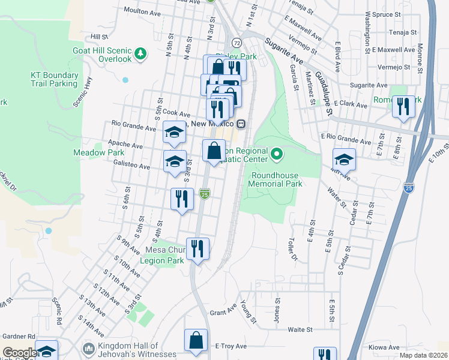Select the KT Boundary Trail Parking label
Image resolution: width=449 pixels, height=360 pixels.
54,79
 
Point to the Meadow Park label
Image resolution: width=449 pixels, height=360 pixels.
98,153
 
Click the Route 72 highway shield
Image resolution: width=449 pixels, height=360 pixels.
237,43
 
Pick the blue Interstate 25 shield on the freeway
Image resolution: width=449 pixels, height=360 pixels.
409,187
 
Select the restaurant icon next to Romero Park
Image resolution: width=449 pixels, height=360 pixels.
402,106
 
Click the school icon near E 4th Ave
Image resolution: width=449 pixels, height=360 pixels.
344,159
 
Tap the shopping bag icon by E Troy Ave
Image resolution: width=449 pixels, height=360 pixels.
196,340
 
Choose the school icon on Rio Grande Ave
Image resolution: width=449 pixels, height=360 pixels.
174,133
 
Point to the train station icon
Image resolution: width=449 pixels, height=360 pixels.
241,124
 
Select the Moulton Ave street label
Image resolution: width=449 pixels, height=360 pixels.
143,10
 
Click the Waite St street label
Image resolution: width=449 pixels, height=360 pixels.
300,329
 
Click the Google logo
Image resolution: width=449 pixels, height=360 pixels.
20,353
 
